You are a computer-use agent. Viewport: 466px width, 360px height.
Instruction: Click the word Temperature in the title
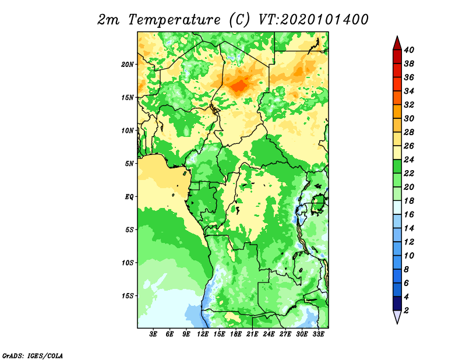coord(174,20)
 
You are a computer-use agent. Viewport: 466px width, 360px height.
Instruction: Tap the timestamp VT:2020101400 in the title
coord(313,20)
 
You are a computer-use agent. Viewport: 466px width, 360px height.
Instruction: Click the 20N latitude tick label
coord(128,65)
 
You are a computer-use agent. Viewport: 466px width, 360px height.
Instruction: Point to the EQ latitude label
coord(129,197)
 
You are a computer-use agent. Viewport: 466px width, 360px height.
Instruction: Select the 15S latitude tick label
coord(128,296)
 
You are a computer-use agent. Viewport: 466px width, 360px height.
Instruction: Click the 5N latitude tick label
coord(129,164)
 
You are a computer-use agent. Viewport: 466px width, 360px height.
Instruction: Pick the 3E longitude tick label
coord(153,334)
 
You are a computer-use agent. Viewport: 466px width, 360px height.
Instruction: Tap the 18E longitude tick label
coord(235,334)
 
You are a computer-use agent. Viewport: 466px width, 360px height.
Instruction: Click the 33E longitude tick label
coord(318,334)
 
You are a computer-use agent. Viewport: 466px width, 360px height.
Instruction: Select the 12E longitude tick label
coord(202,334)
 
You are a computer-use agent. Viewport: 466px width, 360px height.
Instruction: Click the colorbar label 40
coord(409,50)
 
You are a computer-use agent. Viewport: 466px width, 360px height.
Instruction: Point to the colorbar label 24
coord(409,160)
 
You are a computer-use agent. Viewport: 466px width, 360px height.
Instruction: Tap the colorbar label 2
coord(406,310)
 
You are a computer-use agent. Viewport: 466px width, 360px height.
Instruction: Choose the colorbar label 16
coord(409,214)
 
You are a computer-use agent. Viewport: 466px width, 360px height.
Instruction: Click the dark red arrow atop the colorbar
coord(397,43)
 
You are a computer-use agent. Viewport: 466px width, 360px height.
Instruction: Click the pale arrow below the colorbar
coord(397,317)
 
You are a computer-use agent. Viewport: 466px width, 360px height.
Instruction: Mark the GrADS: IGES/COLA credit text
coord(33,356)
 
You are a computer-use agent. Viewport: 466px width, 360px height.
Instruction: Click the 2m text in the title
coord(108,20)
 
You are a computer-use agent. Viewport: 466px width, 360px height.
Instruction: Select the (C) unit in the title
coord(239,20)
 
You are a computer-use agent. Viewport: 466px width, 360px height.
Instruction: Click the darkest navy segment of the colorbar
coord(397,303)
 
